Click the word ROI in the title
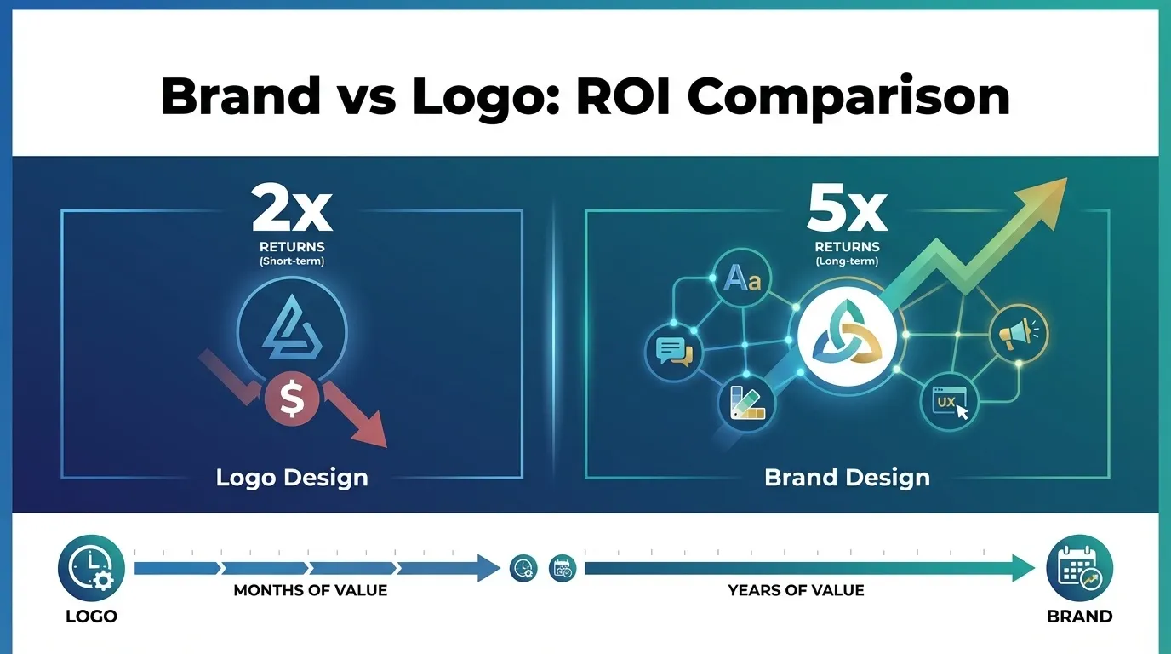624,96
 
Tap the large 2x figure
292,211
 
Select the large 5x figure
846,211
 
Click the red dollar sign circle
291,398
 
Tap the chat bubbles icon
674,350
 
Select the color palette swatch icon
746,403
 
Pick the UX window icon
949,400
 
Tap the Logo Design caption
292,477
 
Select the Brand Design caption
847,477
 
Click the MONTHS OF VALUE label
310,590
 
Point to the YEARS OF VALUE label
796,590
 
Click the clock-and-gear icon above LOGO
91,568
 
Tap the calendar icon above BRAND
1079,568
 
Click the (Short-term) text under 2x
292,261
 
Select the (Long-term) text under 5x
846,261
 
